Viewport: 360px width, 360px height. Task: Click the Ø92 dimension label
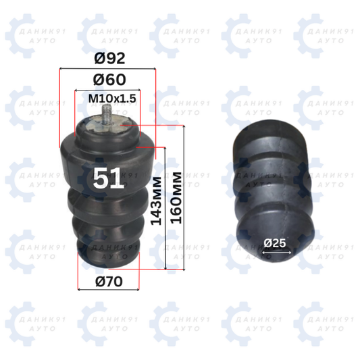click(x=109, y=58)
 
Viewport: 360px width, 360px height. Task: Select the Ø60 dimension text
click(x=109, y=80)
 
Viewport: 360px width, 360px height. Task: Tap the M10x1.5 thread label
click(x=112, y=99)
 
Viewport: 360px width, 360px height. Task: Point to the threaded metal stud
click(x=106, y=114)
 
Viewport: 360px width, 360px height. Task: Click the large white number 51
click(x=108, y=178)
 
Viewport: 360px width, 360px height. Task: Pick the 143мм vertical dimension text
click(x=156, y=201)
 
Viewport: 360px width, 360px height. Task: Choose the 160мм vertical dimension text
click(x=176, y=198)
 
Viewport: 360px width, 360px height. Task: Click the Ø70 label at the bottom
click(x=109, y=282)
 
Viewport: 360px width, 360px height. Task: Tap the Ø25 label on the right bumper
click(x=275, y=243)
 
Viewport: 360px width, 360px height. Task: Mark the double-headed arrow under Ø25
click(x=277, y=253)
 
